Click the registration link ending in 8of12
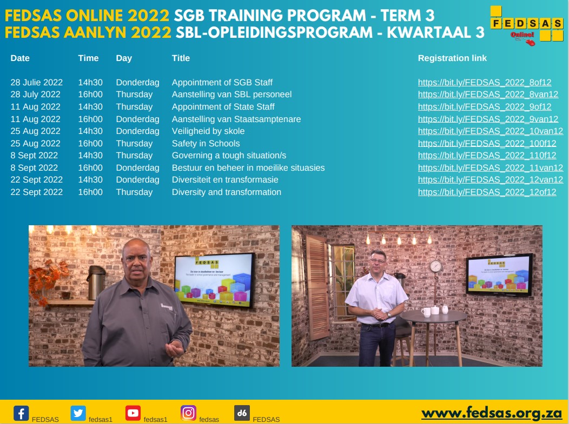coord(485,83)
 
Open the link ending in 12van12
coord(490,180)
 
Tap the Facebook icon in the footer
coord(21,413)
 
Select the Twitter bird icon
coord(78,413)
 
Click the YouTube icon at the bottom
coord(133,413)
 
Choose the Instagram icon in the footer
coord(188,413)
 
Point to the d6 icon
coord(242,413)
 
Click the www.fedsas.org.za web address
coord(491,413)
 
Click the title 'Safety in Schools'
coord(206,144)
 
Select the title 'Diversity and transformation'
coord(226,192)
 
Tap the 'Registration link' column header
coord(452,58)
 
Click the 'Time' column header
coord(88,58)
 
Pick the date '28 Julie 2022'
coord(36,83)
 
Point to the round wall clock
coord(435,266)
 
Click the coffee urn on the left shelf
coord(96,281)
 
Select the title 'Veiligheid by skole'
coord(208,131)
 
